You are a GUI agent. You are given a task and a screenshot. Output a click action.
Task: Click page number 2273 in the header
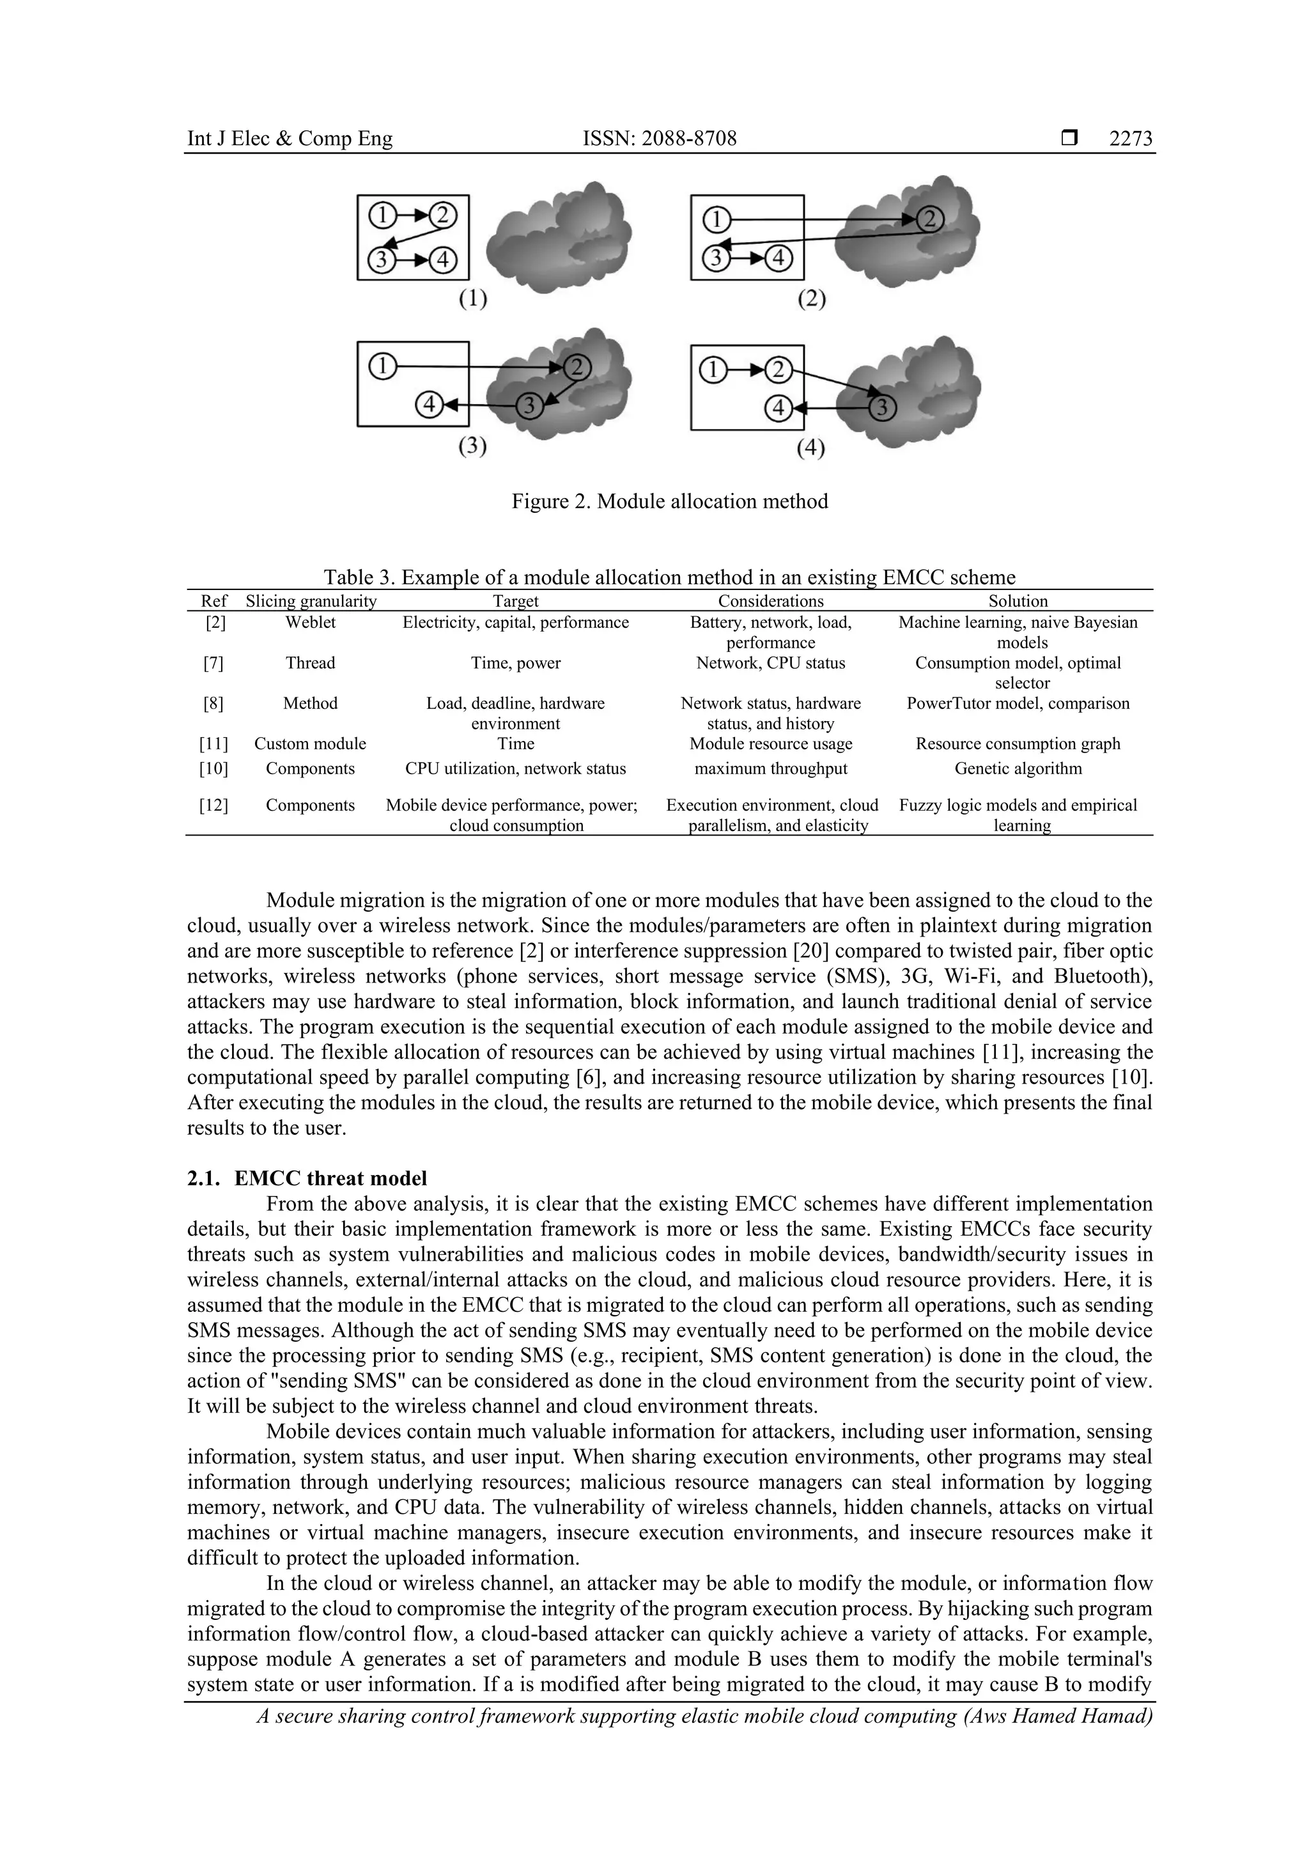tap(1130, 139)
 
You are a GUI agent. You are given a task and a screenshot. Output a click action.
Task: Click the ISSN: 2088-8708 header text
tap(659, 139)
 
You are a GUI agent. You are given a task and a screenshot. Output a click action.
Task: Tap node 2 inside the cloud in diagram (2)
tap(929, 219)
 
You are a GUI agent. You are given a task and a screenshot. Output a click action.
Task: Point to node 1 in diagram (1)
tap(382, 215)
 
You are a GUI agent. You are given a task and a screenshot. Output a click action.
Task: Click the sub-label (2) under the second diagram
tap(811, 299)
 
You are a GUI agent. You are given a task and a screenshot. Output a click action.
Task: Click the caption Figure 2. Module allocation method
tap(669, 502)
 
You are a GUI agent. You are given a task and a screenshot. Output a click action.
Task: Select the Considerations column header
tap(770, 601)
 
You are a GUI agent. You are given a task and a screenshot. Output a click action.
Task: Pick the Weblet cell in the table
tap(310, 623)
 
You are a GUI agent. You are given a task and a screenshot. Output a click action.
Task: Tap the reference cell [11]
tap(213, 743)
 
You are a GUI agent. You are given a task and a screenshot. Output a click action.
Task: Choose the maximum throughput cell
tap(770, 768)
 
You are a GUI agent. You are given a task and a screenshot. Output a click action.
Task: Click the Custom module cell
tap(310, 743)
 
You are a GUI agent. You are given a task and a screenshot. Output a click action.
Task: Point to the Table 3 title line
tap(669, 577)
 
